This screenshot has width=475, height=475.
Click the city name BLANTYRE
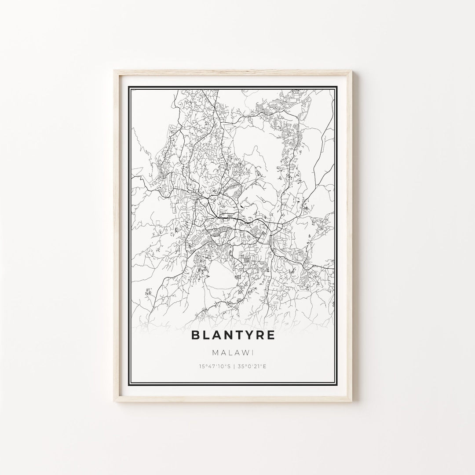point(233,335)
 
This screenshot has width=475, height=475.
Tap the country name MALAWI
point(233,353)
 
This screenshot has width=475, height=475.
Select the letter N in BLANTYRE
point(227,335)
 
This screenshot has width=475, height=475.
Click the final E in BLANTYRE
point(271,335)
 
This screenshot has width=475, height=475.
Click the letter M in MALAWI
point(215,353)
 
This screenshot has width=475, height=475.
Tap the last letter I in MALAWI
point(253,353)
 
